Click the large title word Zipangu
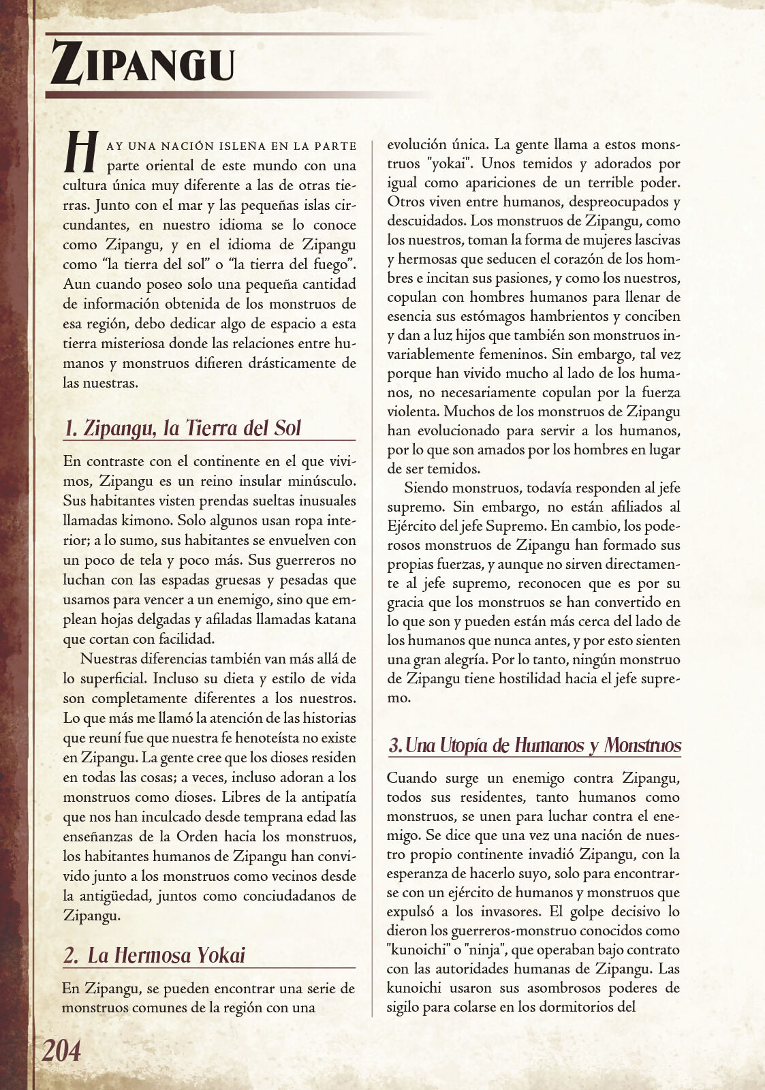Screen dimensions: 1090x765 [143, 65]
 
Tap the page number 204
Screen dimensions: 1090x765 [61, 1050]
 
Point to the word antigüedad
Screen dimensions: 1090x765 [108, 895]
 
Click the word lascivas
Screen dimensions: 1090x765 [654, 240]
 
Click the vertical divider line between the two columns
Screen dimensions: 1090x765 [373, 579]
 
